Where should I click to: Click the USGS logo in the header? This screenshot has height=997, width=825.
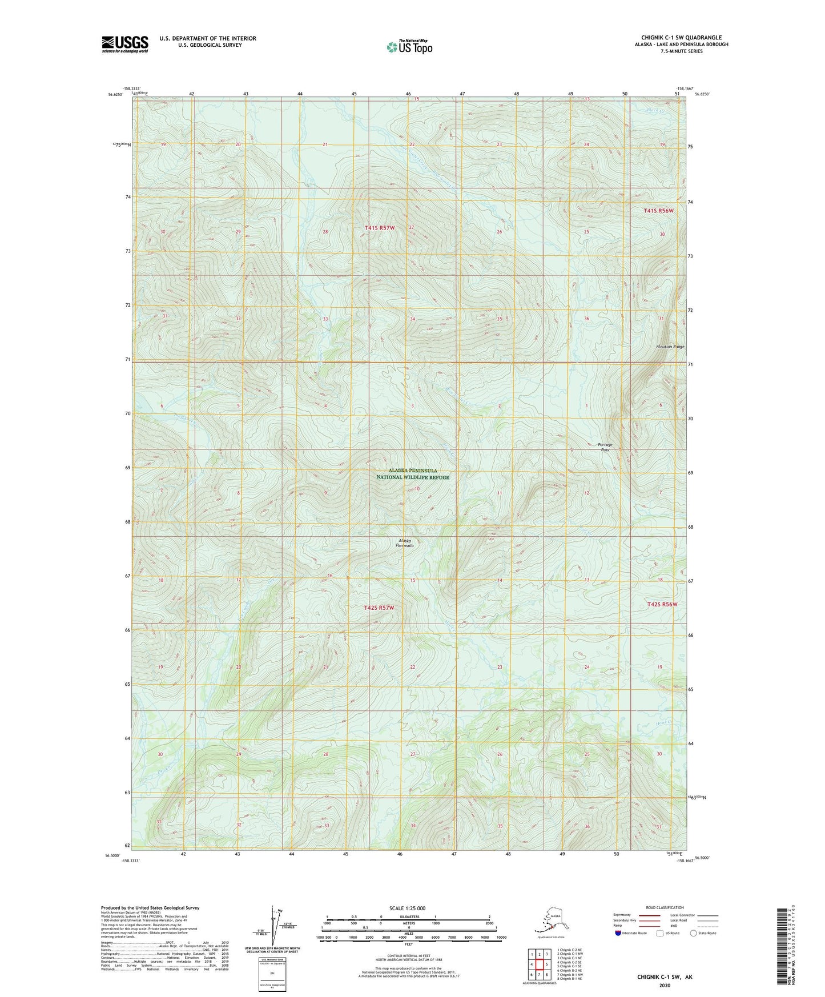(x=124, y=44)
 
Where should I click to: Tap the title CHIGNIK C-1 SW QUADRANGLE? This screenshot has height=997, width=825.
(x=681, y=38)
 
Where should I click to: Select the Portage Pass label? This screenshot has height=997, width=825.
(x=605, y=447)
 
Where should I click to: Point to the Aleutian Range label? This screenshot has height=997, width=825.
(x=670, y=347)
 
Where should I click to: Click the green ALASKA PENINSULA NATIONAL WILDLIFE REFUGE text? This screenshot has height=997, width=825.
(x=412, y=474)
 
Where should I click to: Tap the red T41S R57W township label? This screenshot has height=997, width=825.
(x=380, y=228)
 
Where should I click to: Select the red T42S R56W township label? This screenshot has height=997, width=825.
(x=662, y=604)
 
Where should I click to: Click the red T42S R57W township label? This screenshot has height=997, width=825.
(x=379, y=608)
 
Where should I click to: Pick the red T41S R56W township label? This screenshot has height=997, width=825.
(x=658, y=211)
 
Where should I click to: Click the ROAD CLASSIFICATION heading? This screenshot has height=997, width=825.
(x=665, y=907)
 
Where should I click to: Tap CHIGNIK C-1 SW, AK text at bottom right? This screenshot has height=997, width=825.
(x=665, y=977)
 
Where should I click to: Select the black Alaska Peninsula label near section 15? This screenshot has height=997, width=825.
(x=405, y=543)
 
